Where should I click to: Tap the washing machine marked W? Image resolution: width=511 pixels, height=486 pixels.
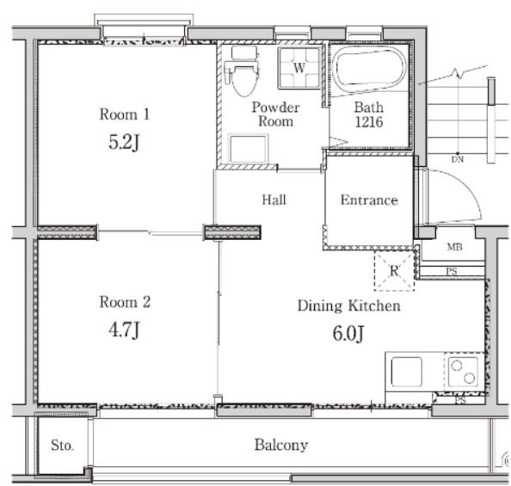click(x=299, y=68)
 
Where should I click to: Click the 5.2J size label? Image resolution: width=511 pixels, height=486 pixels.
click(x=124, y=143)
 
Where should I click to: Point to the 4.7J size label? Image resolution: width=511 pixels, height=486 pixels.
click(x=124, y=329)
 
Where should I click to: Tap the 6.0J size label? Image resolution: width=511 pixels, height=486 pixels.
click(x=348, y=334)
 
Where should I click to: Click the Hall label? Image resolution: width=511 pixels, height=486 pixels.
click(x=274, y=200)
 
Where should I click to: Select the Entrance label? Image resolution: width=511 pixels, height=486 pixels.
click(x=369, y=200)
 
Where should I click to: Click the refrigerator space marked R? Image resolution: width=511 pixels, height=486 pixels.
click(x=394, y=271)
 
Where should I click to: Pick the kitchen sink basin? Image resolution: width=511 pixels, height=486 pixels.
click(x=406, y=372)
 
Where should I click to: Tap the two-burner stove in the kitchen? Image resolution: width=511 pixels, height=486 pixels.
click(x=463, y=372)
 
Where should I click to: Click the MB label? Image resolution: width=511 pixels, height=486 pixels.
click(x=454, y=247)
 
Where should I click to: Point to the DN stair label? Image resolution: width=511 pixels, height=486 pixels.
click(x=458, y=159)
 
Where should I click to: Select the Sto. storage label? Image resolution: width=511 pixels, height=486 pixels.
click(x=62, y=446)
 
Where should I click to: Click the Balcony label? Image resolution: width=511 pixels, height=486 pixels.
click(x=281, y=446)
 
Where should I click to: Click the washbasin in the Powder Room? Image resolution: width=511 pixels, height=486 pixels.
click(x=249, y=149)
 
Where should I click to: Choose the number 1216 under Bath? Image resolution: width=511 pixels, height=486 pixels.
click(x=369, y=122)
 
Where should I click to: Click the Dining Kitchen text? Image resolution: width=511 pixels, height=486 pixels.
click(x=348, y=306)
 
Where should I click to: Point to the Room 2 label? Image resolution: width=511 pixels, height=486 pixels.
click(x=125, y=302)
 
